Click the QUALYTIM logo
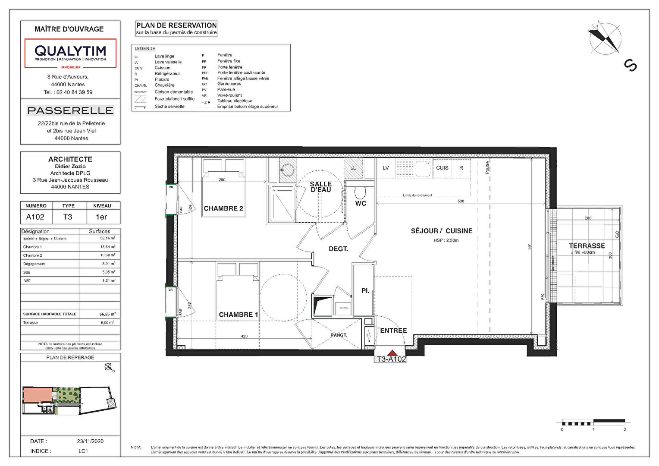click(70, 53)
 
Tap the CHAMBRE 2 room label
click(223, 208)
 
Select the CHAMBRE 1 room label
click(238, 315)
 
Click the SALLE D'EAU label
click(321, 187)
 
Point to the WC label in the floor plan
click(361, 203)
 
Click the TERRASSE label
click(587, 246)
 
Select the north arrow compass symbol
click(605, 38)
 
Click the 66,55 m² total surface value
click(107, 314)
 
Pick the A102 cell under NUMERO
click(35, 217)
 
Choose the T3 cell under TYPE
click(68, 217)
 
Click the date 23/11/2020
click(90, 441)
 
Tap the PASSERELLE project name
click(70, 111)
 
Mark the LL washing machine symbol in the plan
click(353, 168)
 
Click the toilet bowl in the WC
click(361, 192)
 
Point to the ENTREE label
click(393, 331)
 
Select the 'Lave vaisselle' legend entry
click(168, 62)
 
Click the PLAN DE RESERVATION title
click(176, 25)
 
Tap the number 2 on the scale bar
click(624, 429)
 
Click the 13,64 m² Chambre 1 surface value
click(107, 247)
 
